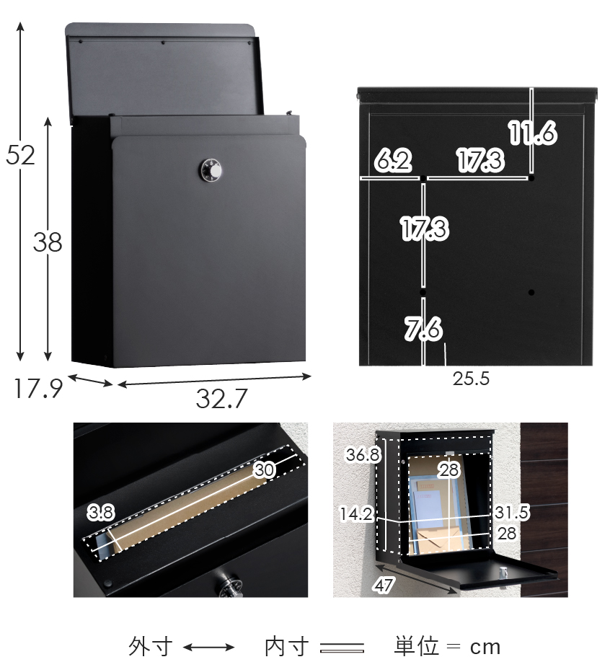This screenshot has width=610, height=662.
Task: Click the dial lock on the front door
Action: point(210,171)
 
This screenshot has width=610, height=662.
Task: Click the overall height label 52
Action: point(20,155)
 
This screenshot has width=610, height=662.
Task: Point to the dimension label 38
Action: point(48,242)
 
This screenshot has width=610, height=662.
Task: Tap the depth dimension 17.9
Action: point(38,389)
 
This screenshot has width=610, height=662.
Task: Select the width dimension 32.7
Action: point(221,398)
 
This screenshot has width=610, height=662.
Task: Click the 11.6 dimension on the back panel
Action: point(533,133)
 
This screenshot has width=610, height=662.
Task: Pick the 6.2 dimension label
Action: point(393,160)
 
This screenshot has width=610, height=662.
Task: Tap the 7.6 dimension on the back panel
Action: point(423,328)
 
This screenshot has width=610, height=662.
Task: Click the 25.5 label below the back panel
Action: point(471,379)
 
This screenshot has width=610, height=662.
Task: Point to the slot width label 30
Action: point(265,469)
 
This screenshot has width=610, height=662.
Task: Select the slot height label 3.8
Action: point(101,512)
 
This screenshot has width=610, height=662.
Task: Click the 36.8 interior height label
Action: point(363,454)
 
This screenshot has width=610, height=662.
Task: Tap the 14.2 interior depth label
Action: point(357,514)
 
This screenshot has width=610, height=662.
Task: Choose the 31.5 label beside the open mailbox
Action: point(511,512)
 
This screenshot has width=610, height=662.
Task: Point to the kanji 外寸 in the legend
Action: point(150,646)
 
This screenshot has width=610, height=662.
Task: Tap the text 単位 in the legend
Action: point(417,646)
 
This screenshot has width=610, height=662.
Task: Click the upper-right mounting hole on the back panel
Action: point(531,178)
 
